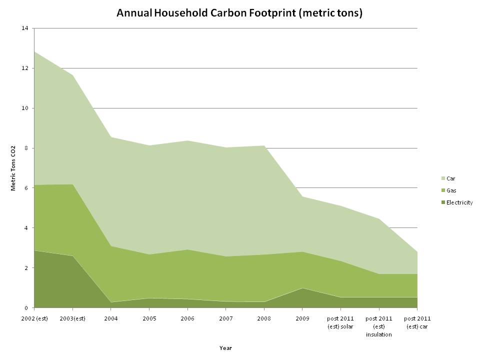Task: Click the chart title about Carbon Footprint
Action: pos(239,13)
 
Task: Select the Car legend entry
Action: pos(450,178)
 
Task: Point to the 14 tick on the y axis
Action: pos(25,28)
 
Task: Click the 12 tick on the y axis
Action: pos(25,68)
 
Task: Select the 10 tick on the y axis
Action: pos(25,108)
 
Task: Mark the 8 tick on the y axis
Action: pos(26,148)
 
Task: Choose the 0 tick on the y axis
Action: pos(26,308)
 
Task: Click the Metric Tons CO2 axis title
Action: pos(13,168)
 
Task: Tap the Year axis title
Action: pos(225,348)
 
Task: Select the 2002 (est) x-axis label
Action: pos(34,318)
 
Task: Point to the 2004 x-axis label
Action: pos(110,318)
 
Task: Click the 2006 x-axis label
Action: pos(187,318)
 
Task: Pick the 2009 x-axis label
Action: pos(302,318)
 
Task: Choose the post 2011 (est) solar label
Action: pos(340,322)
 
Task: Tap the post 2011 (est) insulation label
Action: pos(378,326)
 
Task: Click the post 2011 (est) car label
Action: pos(416,322)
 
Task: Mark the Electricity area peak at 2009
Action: pos(302,288)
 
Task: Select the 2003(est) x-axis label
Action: pos(72,318)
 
